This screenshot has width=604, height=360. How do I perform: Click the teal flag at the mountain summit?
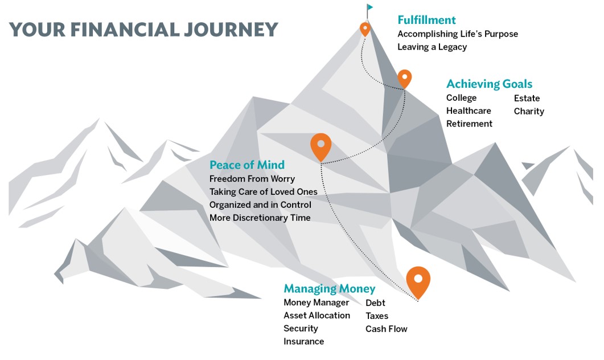(370, 7)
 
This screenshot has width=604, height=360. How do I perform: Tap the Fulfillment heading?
(426, 20)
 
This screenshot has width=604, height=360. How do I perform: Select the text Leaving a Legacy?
(432, 47)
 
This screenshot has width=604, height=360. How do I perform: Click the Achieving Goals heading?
(489, 84)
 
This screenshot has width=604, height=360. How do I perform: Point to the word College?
(461, 98)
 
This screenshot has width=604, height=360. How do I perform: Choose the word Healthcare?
(469, 111)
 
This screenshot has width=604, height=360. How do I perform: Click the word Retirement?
(469, 124)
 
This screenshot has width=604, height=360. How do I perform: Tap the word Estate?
(527, 98)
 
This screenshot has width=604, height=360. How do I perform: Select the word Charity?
(529, 112)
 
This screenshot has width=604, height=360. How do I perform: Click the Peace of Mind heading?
(247, 165)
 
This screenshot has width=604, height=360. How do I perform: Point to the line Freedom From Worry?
(252, 179)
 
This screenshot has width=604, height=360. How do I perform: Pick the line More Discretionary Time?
(260, 218)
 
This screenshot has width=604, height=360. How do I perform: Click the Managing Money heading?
(330, 289)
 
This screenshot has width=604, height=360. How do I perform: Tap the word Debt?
(375, 303)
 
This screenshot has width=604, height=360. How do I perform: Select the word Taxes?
(377, 316)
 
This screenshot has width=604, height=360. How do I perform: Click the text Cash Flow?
(387, 329)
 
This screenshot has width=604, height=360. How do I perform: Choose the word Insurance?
(303, 342)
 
